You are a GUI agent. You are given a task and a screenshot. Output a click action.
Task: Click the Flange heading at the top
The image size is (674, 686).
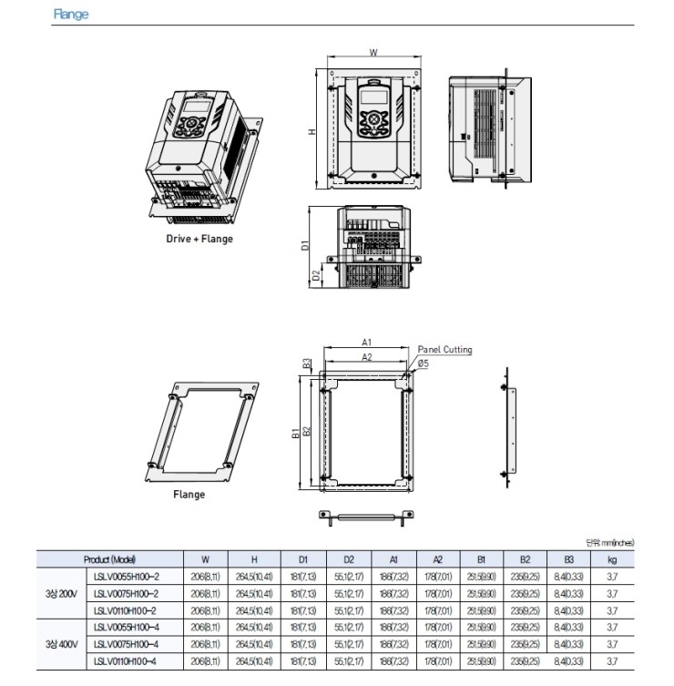[71, 15]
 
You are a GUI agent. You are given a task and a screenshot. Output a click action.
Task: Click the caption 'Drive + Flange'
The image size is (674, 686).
[199, 239]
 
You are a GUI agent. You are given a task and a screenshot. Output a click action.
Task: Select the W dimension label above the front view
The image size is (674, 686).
[373, 53]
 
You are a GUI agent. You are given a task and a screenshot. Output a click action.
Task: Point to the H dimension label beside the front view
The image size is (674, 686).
[311, 131]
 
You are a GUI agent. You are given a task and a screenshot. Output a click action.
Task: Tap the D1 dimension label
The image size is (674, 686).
[306, 244]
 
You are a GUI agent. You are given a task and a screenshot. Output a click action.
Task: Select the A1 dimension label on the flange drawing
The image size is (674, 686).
[366, 342]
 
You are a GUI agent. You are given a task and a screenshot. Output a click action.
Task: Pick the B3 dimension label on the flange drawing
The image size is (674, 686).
[308, 363]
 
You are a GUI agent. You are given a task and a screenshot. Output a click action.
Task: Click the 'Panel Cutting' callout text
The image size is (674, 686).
[444, 349]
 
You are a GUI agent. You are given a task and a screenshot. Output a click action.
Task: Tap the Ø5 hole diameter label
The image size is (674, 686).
[424, 362]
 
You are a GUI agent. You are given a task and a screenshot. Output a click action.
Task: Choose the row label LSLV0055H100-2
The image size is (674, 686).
[127, 577]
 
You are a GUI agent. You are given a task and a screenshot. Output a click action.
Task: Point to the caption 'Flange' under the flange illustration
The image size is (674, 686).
[189, 495]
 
